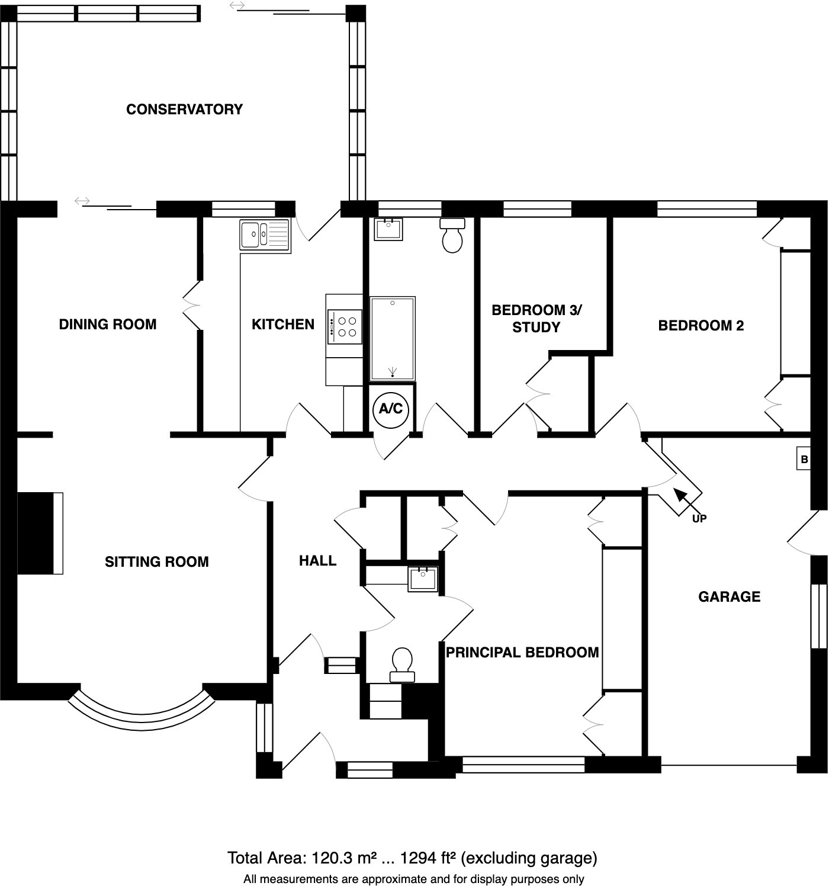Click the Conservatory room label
point(184,110)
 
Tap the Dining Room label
point(108,325)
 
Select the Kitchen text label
point(283,325)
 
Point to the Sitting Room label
point(157,562)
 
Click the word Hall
point(317,561)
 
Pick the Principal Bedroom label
point(522,653)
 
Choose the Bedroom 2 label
point(701,326)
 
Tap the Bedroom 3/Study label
point(536,319)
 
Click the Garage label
point(729,597)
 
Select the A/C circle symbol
point(391,409)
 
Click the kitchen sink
point(265,235)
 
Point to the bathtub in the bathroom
point(393,339)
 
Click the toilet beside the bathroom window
point(453,235)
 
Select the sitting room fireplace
point(40,533)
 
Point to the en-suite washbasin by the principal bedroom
point(423,579)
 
